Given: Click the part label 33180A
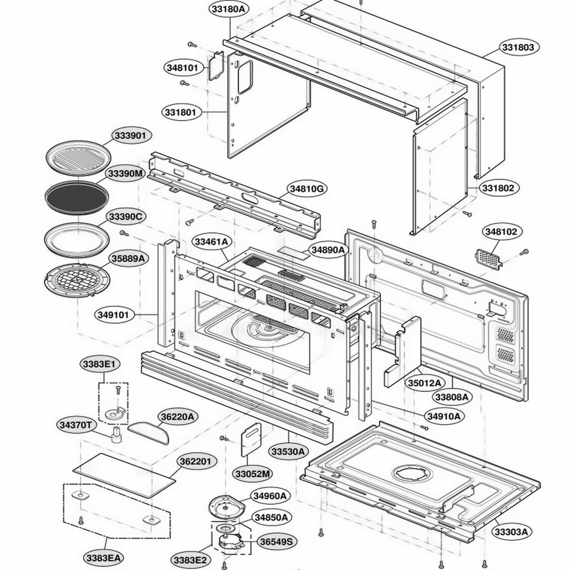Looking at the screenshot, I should [230, 10].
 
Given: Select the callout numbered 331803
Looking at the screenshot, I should [518, 47].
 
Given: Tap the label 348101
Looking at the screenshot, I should [182, 68].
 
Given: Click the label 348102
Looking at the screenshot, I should [501, 232].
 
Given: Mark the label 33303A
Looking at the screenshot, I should [511, 532].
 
